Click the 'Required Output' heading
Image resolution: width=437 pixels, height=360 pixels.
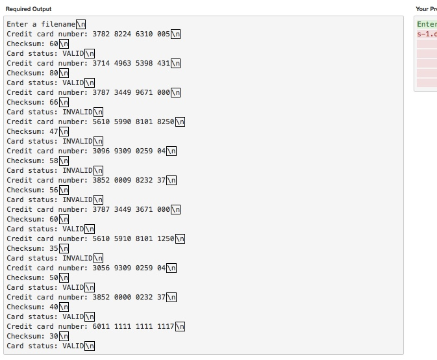(29, 9)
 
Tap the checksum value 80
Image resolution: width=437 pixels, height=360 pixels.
(54, 73)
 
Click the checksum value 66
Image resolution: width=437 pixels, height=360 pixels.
(54, 102)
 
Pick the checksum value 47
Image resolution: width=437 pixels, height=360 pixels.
(54, 131)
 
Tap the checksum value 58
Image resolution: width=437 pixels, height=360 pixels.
(54, 161)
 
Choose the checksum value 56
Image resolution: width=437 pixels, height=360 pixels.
(54, 190)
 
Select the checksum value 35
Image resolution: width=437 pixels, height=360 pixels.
(54, 248)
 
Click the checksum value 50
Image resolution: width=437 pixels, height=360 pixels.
(54, 277)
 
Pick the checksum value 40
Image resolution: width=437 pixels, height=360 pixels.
(54, 307)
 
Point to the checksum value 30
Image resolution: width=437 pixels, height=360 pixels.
(54, 336)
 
